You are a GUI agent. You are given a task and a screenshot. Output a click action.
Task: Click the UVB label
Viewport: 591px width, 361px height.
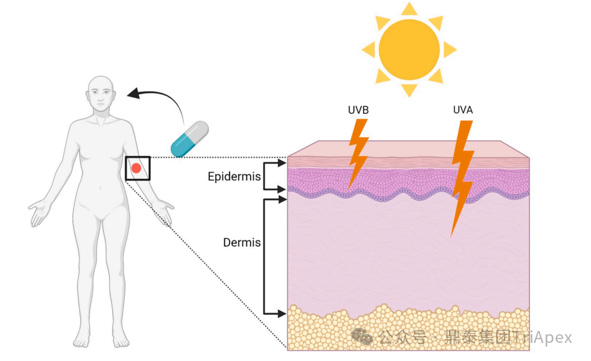point(358,110)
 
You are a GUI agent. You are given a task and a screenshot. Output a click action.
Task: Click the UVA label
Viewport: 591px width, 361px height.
point(463,110)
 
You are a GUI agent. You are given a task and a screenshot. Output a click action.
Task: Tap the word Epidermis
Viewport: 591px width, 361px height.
point(234,176)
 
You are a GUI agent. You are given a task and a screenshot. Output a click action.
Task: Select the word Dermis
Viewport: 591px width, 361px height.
point(242,242)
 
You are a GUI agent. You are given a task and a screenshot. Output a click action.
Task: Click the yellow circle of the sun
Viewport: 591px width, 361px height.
point(409,49)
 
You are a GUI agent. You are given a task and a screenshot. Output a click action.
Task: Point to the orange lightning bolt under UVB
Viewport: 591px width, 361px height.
point(358,153)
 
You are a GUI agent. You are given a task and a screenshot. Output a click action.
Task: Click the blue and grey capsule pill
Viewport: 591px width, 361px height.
point(190,139)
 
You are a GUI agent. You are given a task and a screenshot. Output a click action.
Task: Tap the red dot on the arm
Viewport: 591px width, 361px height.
point(136,168)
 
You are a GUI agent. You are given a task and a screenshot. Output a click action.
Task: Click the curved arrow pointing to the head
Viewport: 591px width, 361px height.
point(162,97)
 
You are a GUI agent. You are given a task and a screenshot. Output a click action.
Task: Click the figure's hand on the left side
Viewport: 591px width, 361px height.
point(38,212)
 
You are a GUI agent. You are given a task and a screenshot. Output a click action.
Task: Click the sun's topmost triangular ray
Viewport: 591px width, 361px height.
point(409,9)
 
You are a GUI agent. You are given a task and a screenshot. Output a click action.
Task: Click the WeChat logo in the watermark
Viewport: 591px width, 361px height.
point(362,337)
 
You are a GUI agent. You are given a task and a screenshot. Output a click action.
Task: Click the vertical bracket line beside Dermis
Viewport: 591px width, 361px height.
point(263,256)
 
